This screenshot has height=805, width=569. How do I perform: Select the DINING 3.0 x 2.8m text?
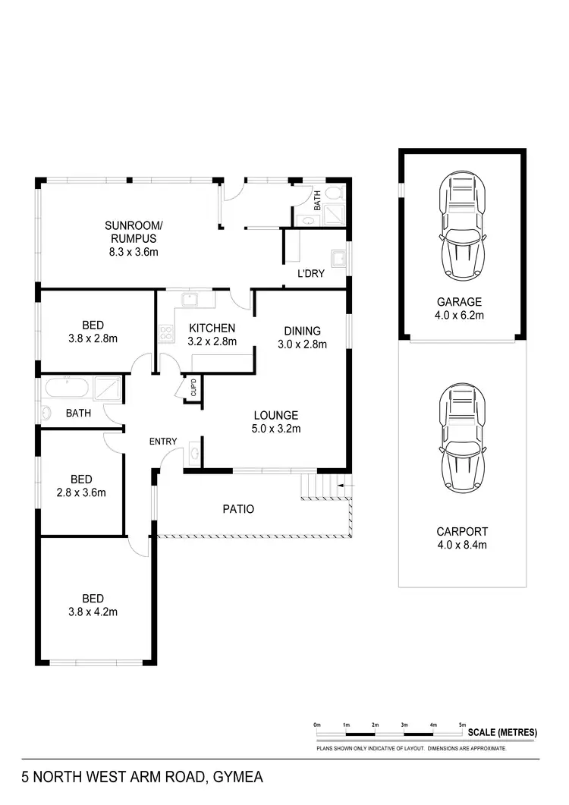pos(302,337)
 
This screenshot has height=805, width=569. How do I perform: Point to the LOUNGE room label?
pos(275,422)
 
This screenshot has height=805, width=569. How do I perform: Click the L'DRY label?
pos(310,274)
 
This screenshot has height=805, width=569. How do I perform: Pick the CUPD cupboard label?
pos(193,388)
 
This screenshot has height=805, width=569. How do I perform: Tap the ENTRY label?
pos(162,442)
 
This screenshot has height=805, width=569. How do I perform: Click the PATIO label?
pos(237,509)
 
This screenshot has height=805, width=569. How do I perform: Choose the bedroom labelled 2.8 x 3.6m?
pos(81,486)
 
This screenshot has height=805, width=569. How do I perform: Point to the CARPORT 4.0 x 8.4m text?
pos(462,538)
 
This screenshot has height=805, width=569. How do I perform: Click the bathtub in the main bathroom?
pos(67,388)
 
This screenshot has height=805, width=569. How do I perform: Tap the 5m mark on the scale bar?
pos(462,726)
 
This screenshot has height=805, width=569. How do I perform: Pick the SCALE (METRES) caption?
pos(502,733)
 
